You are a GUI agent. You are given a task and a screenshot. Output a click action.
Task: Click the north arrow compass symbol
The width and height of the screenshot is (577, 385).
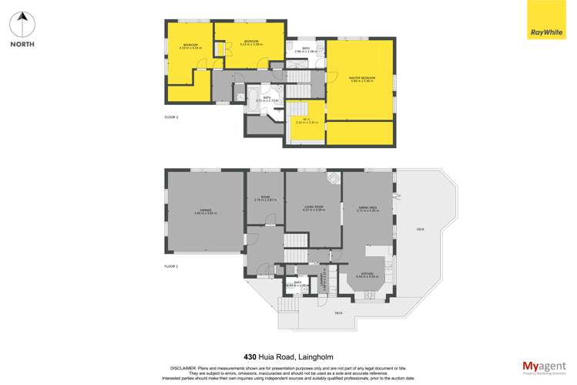[x=23, y=23]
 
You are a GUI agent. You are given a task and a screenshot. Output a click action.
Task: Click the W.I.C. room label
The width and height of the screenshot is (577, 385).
[x=306, y=120]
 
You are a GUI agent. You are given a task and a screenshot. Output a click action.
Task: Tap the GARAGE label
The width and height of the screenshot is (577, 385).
[x=205, y=211]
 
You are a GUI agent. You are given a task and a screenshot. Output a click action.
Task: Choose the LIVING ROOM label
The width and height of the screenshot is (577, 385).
[x=313, y=208]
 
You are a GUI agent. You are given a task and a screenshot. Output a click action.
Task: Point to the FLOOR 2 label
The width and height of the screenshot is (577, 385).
[x=171, y=117]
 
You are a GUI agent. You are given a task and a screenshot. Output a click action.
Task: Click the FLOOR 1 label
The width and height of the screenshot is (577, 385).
[x=171, y=265]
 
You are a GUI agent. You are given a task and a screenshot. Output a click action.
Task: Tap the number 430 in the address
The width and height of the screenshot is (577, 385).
[x=250, y=356]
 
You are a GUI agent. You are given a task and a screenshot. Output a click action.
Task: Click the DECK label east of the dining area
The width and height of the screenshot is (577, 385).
[x=420, y=229]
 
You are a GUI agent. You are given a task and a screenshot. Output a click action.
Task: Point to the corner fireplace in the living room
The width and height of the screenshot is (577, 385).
[x=333, y=179]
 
